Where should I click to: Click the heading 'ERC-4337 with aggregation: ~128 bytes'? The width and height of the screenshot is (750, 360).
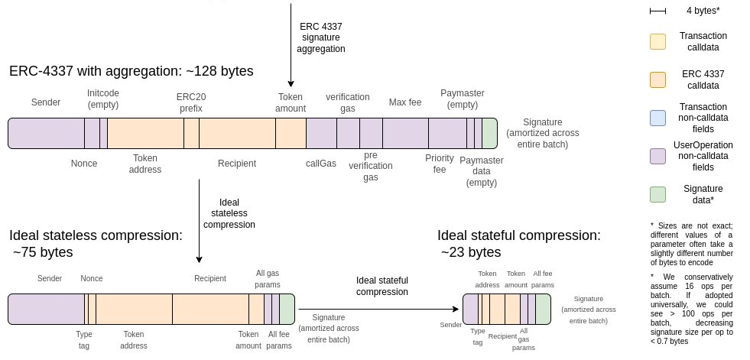[x=131, y=71]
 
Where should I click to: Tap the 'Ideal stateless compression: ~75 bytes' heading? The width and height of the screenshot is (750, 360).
[x=96, y=244]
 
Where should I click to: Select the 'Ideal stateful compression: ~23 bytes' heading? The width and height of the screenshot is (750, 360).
[x=518, y=244]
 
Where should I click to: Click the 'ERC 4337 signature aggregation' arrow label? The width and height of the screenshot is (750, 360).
[x=322, y=37]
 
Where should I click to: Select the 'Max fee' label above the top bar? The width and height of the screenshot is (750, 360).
[x=404, y=102]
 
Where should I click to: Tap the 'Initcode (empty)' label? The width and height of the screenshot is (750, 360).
[x=103, y=98]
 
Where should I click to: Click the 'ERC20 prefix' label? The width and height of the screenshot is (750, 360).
[x=191, y=102]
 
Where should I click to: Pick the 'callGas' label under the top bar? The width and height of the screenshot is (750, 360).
[x=321, y=163]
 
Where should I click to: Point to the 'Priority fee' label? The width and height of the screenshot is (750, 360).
[x=440, y=164]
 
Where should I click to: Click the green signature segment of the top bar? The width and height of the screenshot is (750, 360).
[x=489, y=133]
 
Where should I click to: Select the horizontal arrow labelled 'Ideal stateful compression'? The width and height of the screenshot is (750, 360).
[x=382, y=309]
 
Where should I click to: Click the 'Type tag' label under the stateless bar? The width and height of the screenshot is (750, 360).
[x=84, y=339]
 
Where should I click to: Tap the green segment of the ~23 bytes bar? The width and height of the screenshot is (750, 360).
[x=543, y=309]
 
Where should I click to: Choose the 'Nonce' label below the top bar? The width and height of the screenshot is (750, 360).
[x=84, y=163]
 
